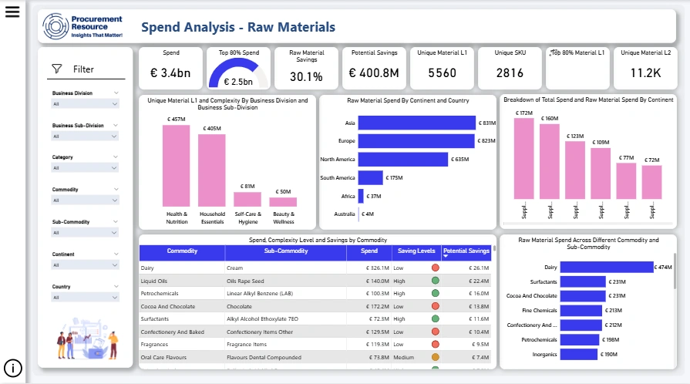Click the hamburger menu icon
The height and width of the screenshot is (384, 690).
click(x=12, y=12)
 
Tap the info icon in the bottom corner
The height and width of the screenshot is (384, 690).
click(x=13, y=368)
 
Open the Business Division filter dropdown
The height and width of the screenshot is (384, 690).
click(x=85, y=103)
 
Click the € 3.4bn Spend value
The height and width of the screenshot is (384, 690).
click(x=171, y=73)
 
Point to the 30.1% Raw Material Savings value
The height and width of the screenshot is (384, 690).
click(x=306, y=76)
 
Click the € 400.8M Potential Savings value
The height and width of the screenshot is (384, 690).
click(x=374, y=73)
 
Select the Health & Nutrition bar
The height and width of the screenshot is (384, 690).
click(x=177, y=165)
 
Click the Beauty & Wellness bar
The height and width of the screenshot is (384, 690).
click(x=283, y=202)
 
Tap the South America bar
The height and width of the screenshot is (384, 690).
click(x=371, y=178)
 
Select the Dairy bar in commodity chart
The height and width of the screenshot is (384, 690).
click(x=606, y=268)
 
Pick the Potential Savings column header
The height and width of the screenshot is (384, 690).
click(x=466, y=251)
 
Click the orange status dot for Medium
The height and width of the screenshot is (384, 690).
click(x=435, y=357)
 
